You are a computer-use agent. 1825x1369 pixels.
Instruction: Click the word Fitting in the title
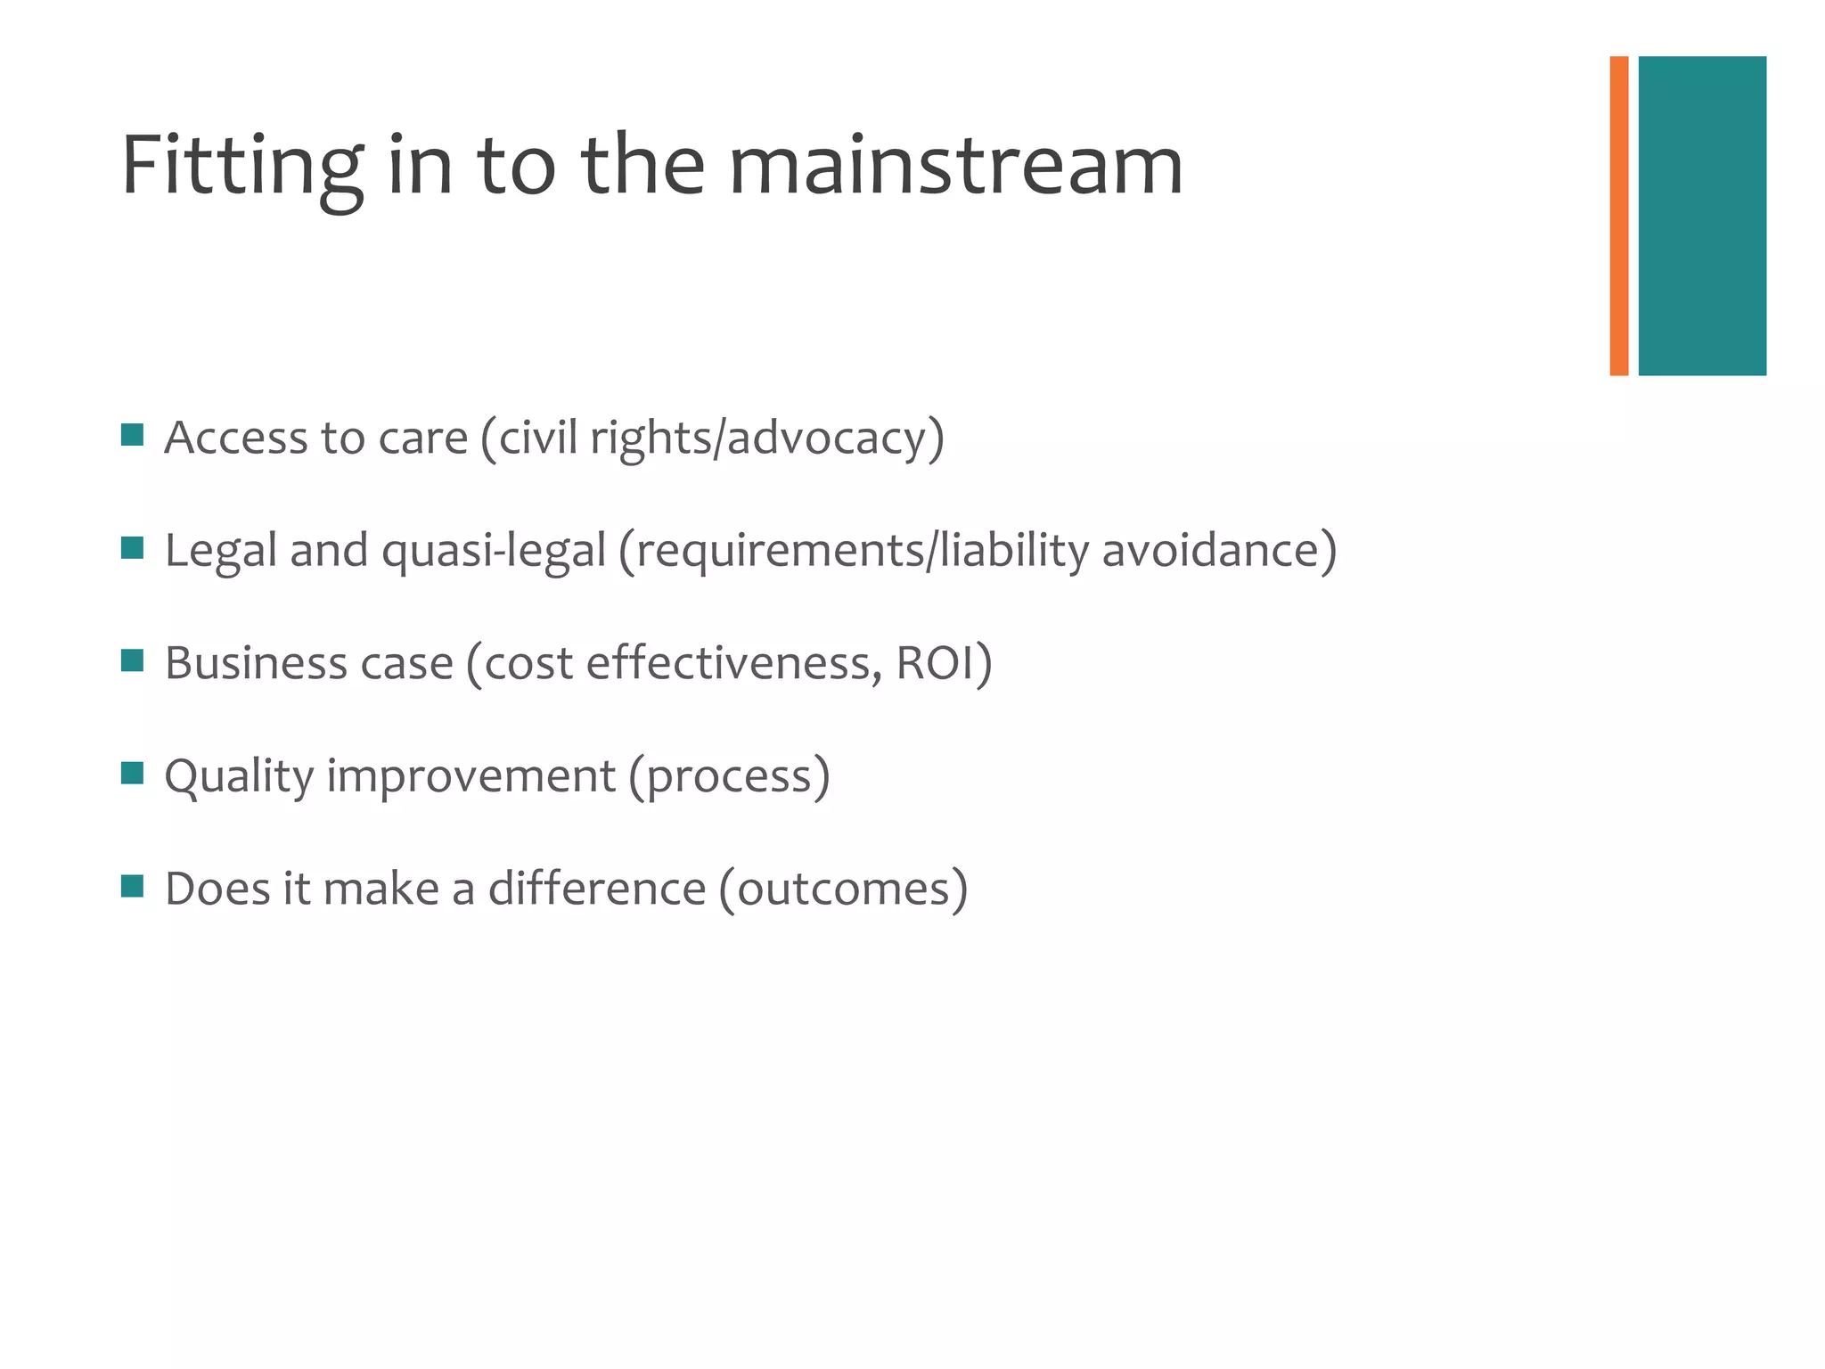[x=241, y=167]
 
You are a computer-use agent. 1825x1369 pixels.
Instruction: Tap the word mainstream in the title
[x=955, y=167]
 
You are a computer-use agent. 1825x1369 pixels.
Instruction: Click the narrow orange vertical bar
[x=1618, y=216]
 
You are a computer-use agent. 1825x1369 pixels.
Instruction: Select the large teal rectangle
[x=1701, y=216]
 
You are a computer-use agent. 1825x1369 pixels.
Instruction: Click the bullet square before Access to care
[x=132, y=435]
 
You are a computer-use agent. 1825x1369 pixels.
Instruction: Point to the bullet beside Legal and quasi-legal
[x=132, y=547]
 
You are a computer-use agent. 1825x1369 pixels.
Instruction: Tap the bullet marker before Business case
[x=132, y=660]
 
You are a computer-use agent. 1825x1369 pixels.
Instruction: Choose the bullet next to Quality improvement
[x=132, y=773]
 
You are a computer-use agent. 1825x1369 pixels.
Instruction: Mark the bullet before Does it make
[x=132, y=886]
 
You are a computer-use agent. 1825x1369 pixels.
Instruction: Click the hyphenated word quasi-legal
[x=494, y=551]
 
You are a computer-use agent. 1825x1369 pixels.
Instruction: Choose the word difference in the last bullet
[x=597, y=889]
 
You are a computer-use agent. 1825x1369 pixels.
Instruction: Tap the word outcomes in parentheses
[x=843, y=889]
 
